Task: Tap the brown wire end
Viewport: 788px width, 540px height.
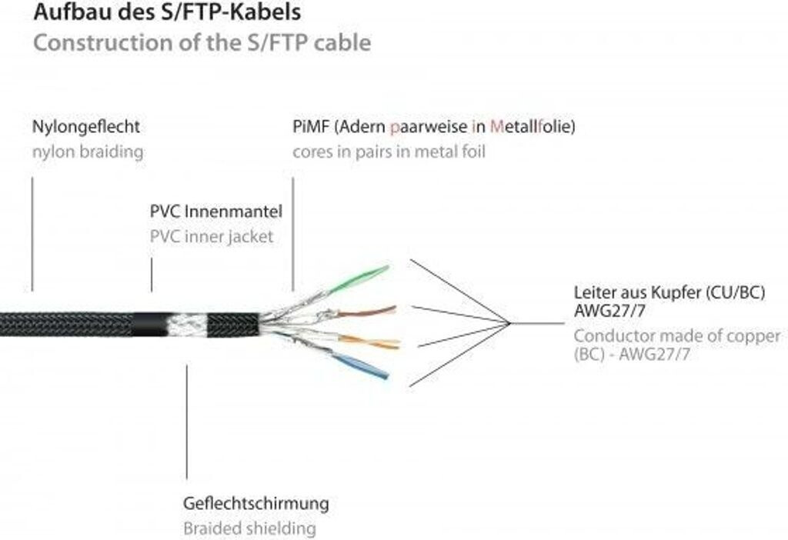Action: click(390, 310)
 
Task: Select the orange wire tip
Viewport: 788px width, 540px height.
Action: click(392, 343)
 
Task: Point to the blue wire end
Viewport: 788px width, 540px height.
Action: click(381, 374)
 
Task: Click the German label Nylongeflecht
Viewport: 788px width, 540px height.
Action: click(86, 126)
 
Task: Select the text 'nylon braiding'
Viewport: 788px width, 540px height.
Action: click(88, 152)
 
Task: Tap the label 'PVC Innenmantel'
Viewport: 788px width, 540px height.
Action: click(216, 211)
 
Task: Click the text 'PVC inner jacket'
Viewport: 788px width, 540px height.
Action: click(212, 236)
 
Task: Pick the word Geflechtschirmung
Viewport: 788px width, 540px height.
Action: click(256, 504)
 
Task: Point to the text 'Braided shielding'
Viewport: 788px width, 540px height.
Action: click(249, 528)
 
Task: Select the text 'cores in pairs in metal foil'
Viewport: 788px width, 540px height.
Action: click(389, 152)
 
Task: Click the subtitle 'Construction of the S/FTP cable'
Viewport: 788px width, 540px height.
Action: click(202, 42)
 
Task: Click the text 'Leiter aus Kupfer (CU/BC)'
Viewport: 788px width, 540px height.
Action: click(669, 292)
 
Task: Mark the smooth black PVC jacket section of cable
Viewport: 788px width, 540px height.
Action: click(151, 325)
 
